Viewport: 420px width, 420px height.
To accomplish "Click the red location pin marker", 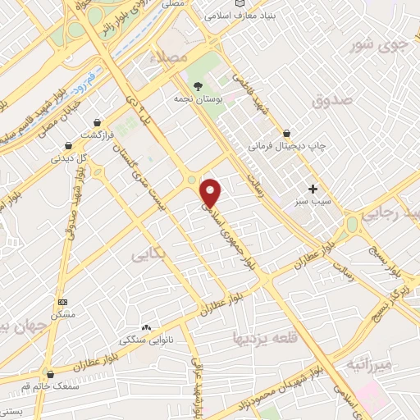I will click(x=212, y=192).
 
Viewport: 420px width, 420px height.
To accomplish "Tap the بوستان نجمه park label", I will click(x=194, y=98).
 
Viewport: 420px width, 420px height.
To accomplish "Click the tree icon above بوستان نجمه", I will click(x=196, y=84).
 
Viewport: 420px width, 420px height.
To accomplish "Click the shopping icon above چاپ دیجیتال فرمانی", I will click(x=287, y=132).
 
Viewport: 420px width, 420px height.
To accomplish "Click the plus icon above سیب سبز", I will click(x=312, y=188).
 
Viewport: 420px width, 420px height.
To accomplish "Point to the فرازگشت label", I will click(x=97, y=135).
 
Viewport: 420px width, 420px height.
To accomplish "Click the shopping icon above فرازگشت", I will click(x=98, y=121).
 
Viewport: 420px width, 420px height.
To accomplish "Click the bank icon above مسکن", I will click(x=63, y=301).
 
